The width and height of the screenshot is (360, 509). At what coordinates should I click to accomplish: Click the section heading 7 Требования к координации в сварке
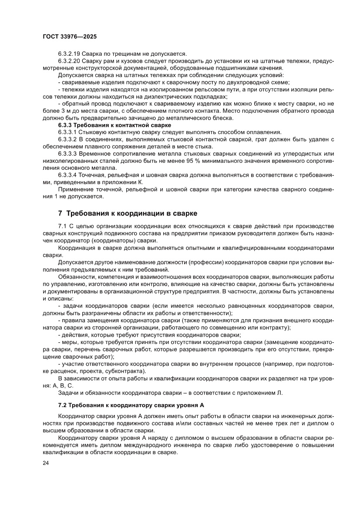(x=128, y=213)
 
